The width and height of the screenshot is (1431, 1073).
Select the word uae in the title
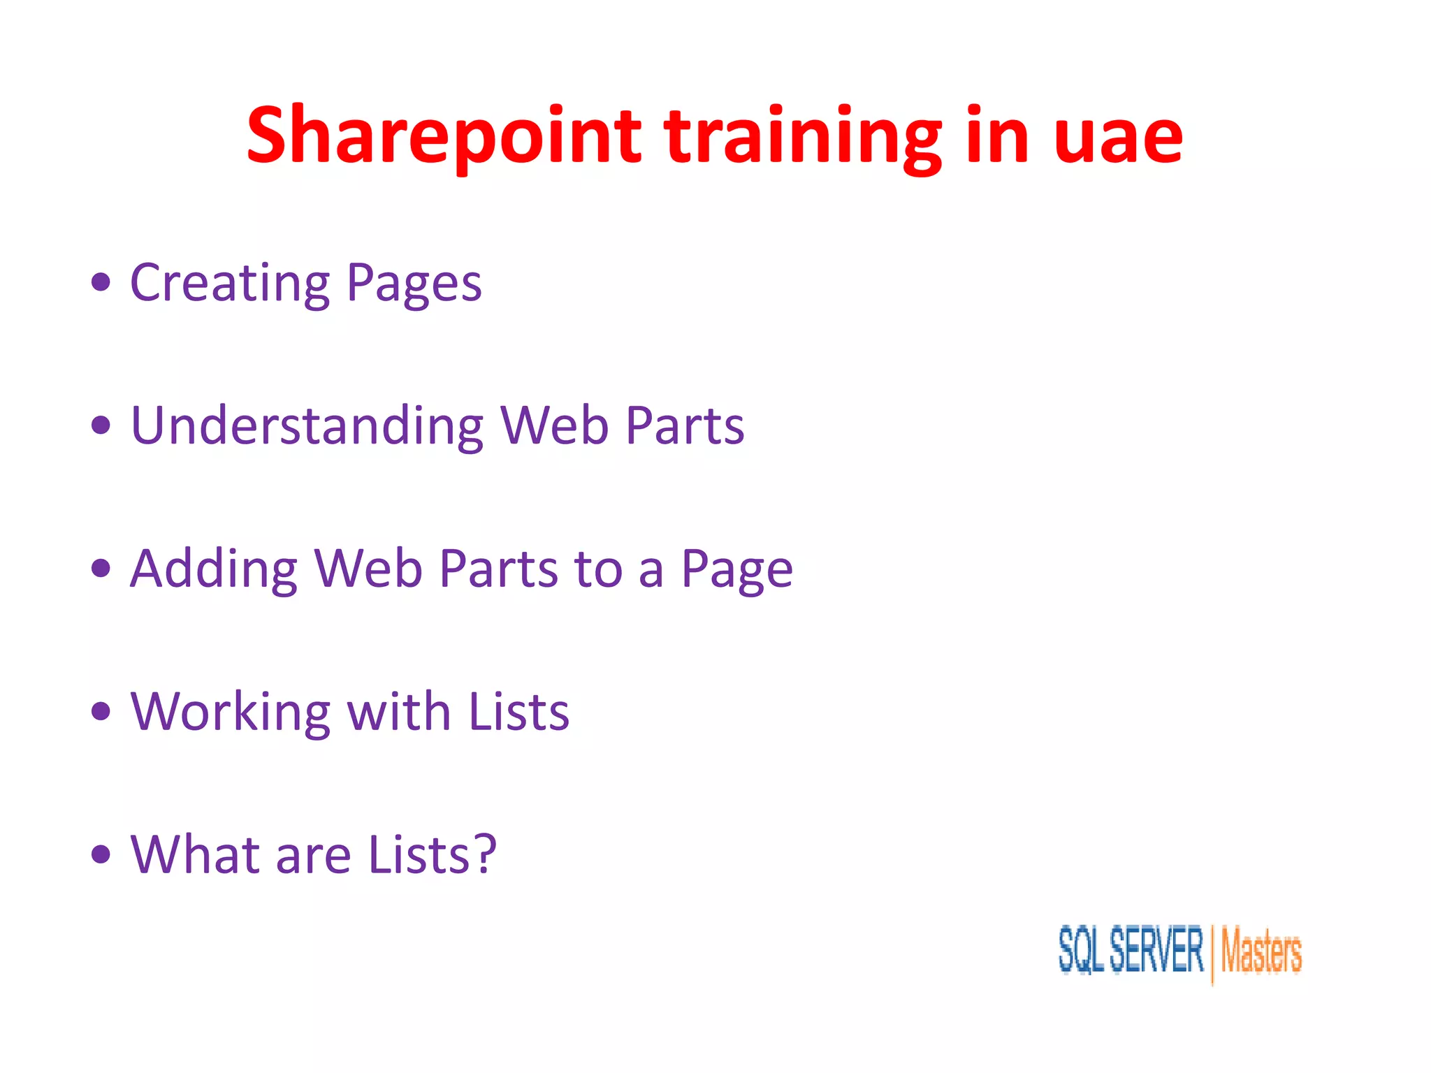(x=1118, y=136)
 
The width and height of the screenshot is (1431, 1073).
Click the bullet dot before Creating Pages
(x=101, y=282)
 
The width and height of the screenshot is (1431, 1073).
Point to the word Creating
(x=230, y=283)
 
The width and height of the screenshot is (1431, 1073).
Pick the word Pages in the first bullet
(x=414, y=283)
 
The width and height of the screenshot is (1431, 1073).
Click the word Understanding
(x=307, y=425)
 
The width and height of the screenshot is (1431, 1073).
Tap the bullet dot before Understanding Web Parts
(x=101, y=425)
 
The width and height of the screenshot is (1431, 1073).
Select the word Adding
(x=214, y=569)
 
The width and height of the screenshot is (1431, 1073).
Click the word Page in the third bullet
(x=736, y=569)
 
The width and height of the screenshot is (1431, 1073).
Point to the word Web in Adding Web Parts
(x=368, y=569)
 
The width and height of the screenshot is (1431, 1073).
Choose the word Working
(x=230, y=712)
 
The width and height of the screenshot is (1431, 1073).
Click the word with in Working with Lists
(x=398, y=712)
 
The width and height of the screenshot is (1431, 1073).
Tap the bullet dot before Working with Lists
(x=101, y=712)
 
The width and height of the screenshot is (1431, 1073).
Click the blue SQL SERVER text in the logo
(x=1131, y=950)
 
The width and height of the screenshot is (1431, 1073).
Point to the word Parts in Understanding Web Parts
(x=684, y=425)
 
